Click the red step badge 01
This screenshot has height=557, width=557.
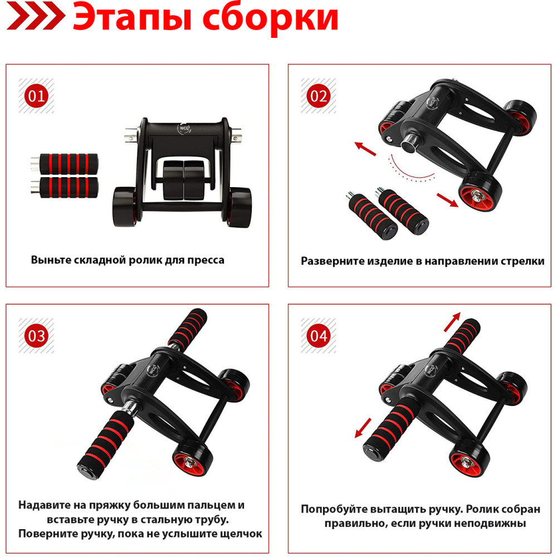click(36, 96)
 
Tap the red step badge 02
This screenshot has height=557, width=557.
click(318, 96)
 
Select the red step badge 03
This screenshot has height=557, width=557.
click(36, 336)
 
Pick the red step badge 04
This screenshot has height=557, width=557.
click(318, 336)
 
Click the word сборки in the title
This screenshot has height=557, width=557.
click(270, 17)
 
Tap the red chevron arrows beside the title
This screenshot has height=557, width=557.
click(36, 17)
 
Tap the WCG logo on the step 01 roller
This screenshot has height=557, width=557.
click(184, 128)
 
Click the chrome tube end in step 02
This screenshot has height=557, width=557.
click(411, 143)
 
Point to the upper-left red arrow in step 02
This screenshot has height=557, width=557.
click(365, 149)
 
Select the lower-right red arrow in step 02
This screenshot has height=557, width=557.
click(447, 199)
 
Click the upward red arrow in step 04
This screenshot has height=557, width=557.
click(452, 321)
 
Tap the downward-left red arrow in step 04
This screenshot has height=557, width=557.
click(363, 428)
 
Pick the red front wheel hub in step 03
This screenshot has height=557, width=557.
click(189, 463)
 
